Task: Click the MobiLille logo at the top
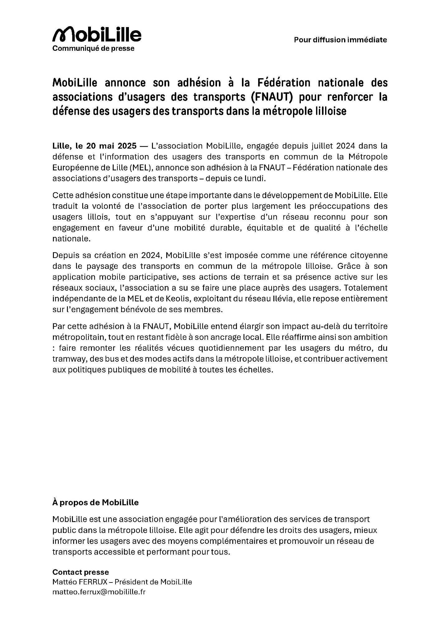tap(97, 34)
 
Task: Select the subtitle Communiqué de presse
tap(93, 49)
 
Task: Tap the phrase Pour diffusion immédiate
tap(340, 40)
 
